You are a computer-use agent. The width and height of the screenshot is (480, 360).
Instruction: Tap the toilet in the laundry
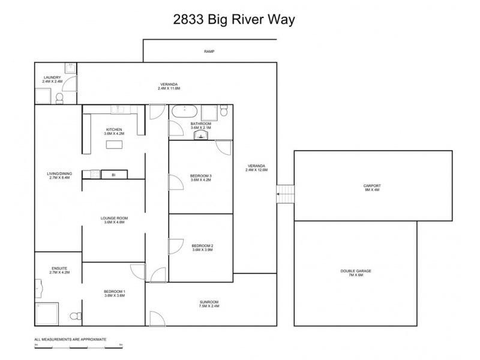coord(60,97)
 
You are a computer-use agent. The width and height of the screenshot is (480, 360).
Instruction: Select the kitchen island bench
coord(115,144)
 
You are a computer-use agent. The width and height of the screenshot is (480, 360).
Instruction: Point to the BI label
coord(112,175)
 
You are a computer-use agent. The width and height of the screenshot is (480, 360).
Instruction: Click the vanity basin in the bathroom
coord(201,136)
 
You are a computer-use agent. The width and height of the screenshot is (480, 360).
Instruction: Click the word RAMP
coord(209,52)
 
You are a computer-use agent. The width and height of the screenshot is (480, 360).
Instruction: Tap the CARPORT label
coord(372,186)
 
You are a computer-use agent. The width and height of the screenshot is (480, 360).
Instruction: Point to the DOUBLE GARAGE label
coord(356,271)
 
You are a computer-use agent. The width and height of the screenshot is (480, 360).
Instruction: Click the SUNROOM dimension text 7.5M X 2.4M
coord(209,306)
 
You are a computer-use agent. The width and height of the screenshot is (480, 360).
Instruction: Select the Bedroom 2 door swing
coord(176,246)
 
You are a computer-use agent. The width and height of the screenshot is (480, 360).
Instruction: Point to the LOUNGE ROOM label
coord(114,218)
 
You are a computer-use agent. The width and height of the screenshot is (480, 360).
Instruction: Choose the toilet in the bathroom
coord(224,110)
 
